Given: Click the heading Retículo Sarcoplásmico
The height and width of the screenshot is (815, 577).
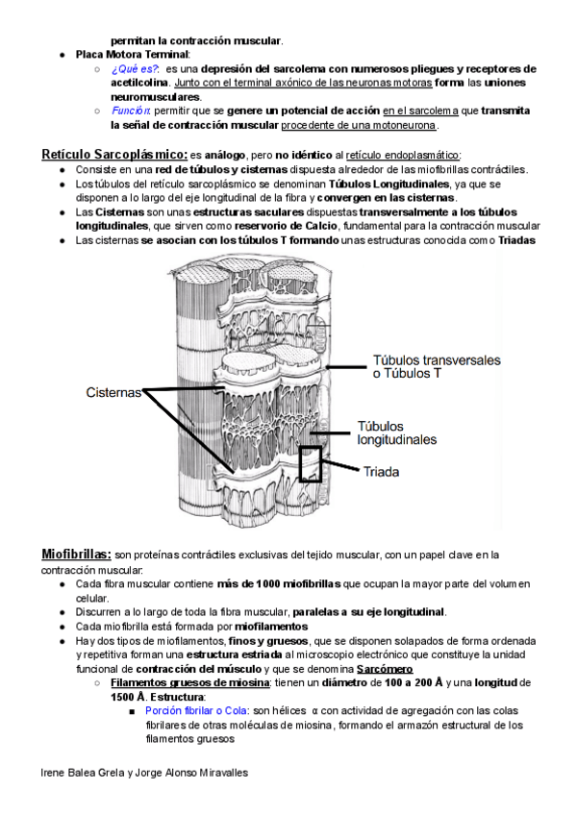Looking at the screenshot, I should [114, 154].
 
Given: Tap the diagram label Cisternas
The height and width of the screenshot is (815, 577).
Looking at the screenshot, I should [113, 392].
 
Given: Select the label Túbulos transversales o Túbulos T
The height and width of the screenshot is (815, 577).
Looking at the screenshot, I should [437, 367].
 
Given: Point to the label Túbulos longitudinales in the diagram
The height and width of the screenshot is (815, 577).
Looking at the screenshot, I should [396, 432].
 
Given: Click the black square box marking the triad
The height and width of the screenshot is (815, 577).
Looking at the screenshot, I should [311, 463].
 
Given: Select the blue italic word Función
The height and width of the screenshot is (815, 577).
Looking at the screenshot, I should [130, 111].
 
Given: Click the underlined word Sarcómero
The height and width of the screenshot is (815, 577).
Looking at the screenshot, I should [384, 669].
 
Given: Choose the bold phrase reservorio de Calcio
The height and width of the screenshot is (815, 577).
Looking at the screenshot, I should [286, 226].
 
